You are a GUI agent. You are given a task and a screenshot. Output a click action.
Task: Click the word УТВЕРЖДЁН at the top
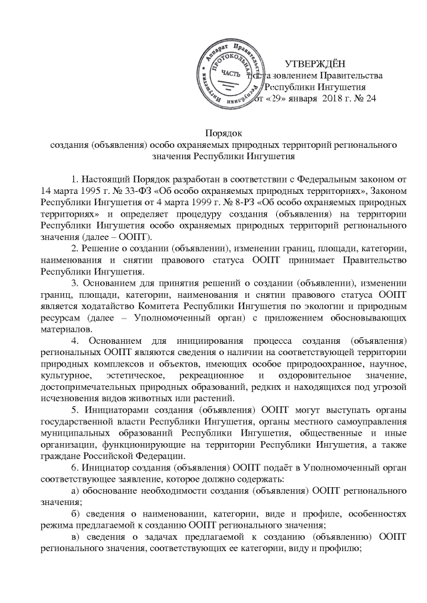[x=315, y=65]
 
